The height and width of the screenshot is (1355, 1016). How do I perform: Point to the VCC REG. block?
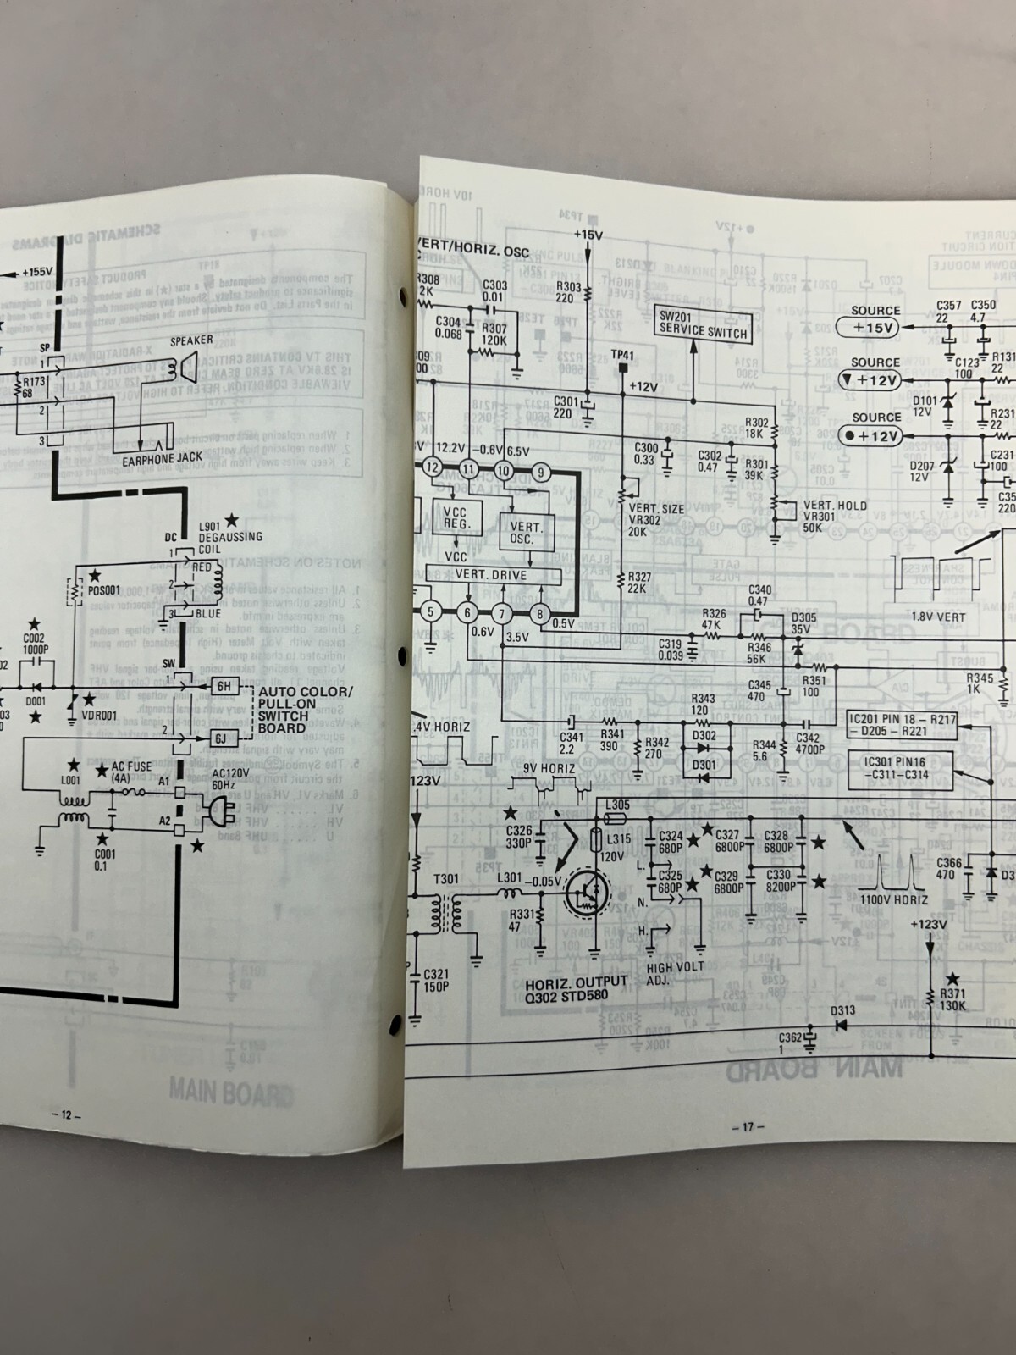pos(456,517)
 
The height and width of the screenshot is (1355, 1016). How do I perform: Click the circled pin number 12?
pos(433,467)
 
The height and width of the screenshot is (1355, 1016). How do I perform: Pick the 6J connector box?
pos(221,738)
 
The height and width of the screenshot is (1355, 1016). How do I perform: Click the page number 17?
pos(747,1126)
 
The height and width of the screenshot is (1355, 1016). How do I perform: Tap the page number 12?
pos(66,1114)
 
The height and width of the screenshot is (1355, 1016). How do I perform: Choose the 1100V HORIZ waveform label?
pos(893,899)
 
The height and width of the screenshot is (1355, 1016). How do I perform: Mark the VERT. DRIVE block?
pos(490,575)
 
